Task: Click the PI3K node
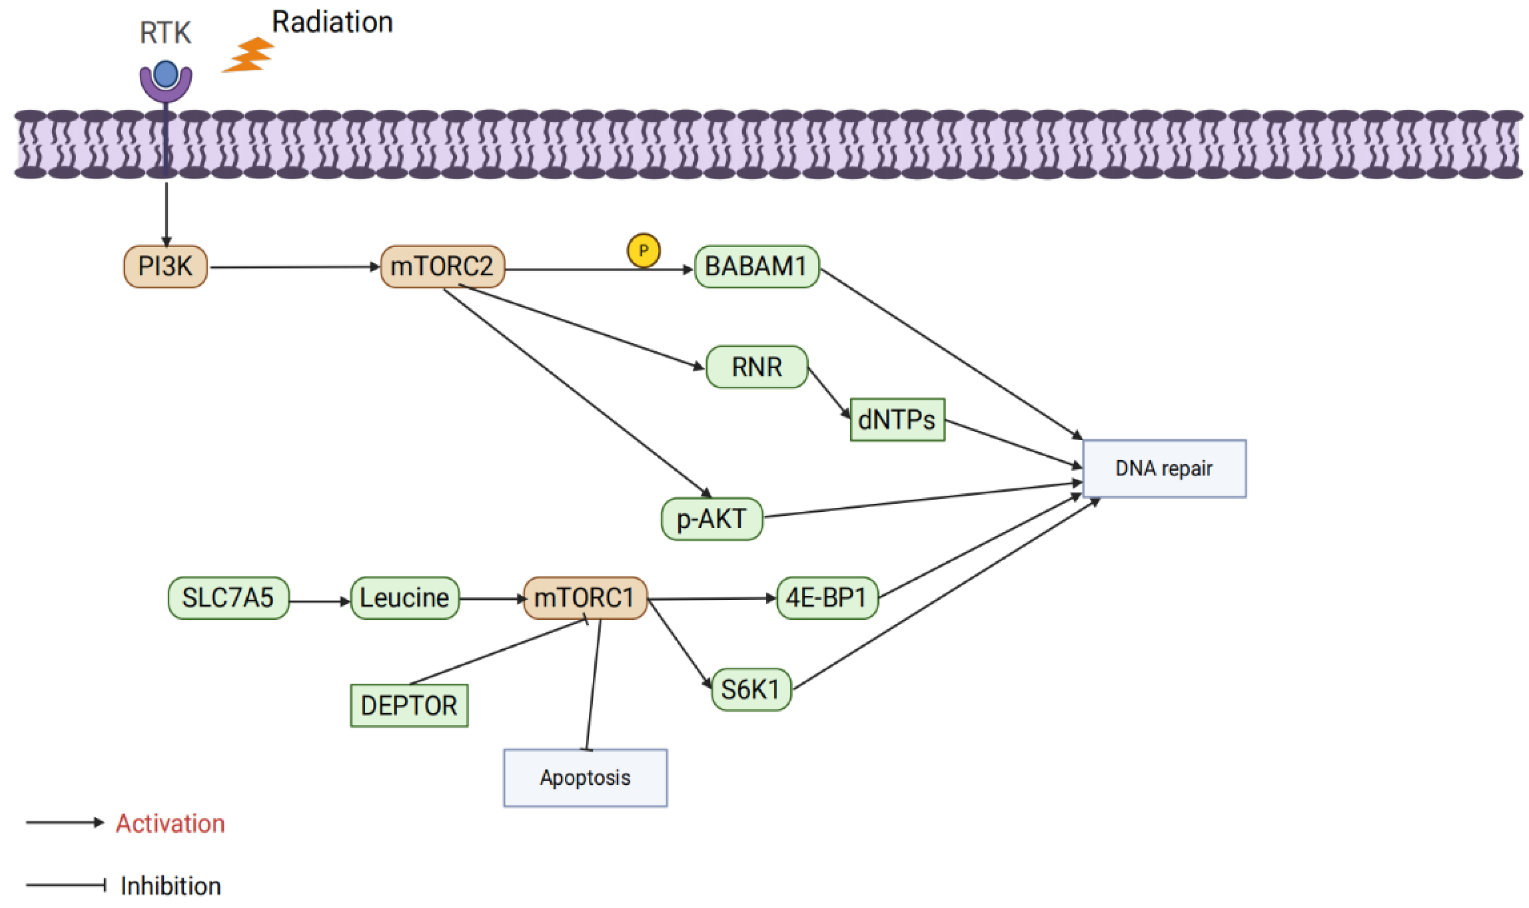pyautogui.click(x=165, y=267)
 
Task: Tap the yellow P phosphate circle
pyautogui.click(x=643, y=250)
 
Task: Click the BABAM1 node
pyautogui.click(x=756, y=267)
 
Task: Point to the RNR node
pyautogui.click(x=756, y=367)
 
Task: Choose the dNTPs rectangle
pyautogui.click(x=897, y=420)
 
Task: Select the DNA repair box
pyautogui.click(x=1163, y=469)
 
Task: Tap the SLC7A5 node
pyautogui.click(x=228, y=598)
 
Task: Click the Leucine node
pyautogui.click(x=404, y=598)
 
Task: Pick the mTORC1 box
pyautogui.click(x=584, y=598)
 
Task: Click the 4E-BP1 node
pyautogui.click(x=827, y=598)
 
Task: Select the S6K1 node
pyautogui.click(x=751, y=690)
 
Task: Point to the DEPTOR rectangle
pyautogui.click(x=409, y=705)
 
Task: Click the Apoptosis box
pyautogui.click(x=585, y=778)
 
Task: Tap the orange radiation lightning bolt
pyautogui.click(x=249, y=55)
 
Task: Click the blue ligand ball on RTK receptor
pyautogui.click(x=166, y=74)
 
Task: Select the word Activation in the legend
pyautogui.click(x=170, y=824)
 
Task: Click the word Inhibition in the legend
pyautogui.click(x=170, y=886)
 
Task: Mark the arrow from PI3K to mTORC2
pyautogui.click(x=294, y=267)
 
